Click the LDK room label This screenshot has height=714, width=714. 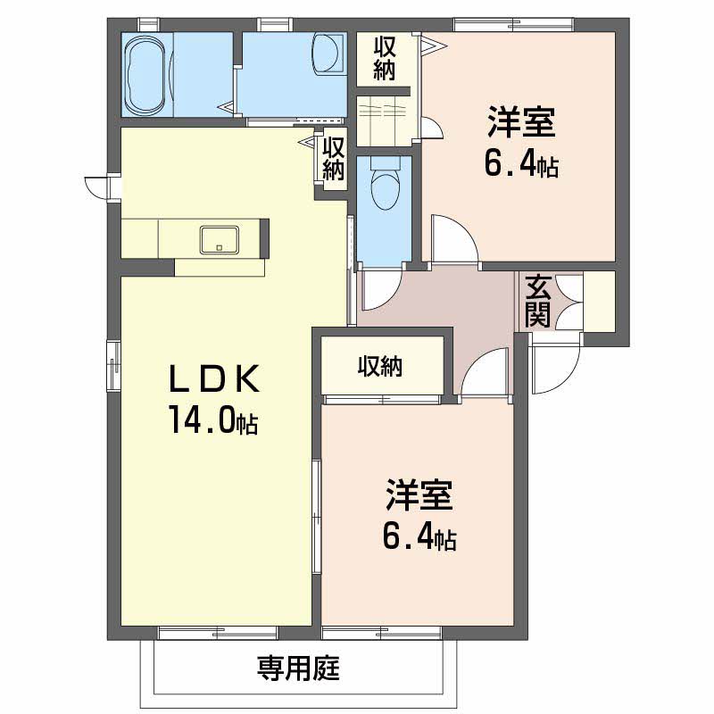(214, 378)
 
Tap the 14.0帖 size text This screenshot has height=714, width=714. (213, 419)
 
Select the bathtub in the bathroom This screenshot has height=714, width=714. (145, 74)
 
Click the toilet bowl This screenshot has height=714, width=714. (386, 185)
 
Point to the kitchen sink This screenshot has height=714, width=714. (220, 239)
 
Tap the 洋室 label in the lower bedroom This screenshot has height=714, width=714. (419, 495)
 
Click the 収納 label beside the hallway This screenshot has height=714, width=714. (380, 366)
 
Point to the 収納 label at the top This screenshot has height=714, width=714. (385, 59)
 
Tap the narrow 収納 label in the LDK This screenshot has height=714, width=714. (333, 159)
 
